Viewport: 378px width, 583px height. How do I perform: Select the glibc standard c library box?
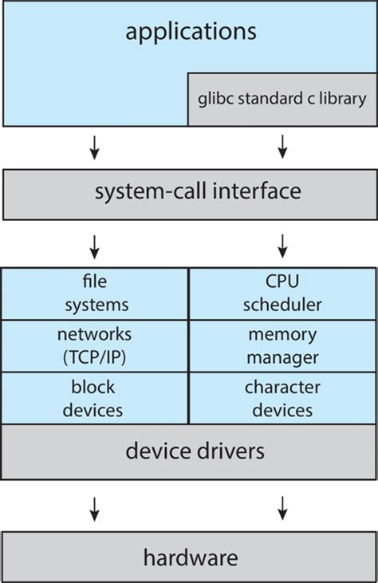(x=282, y=100)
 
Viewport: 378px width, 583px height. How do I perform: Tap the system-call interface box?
(x=188, y=192)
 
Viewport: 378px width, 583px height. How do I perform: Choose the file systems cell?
(x=95, y=293)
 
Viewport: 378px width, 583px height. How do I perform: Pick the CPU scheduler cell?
(x=282, y=293)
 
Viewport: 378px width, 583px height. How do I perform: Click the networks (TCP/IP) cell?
(x=95, y=345)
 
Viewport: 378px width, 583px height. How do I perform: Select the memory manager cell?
(x=282, y=345)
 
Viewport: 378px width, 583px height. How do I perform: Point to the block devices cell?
(x=95, y=399)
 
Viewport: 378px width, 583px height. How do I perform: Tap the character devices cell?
(x=282, y=399)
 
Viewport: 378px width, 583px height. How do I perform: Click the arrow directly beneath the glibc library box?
(x=282, y=145)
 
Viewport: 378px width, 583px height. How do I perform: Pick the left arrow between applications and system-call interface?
(x=95, y=145)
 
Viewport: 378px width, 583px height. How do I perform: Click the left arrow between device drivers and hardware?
(x=95, y=506)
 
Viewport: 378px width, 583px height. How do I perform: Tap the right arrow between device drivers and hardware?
(x=282, y=506)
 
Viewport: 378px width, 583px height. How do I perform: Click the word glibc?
(x=215, y=100)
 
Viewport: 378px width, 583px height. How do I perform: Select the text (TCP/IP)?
(x=95, y=356)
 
